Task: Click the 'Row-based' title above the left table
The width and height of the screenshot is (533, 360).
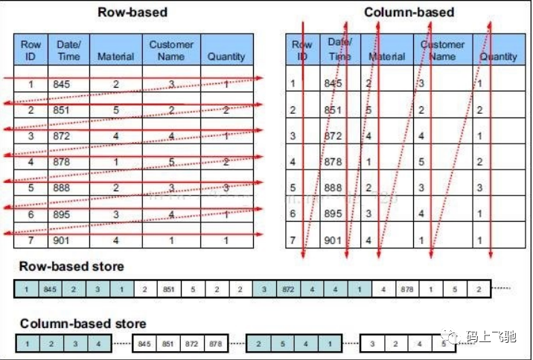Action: (133, 12)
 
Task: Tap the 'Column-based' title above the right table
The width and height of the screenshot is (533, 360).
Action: (409, 12)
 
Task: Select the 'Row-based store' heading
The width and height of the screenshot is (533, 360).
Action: (71, 266)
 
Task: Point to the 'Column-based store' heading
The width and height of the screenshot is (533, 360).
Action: (83, 324)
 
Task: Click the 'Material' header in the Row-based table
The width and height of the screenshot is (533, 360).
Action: (115, 56)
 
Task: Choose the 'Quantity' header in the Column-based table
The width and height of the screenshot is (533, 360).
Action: (498, 56)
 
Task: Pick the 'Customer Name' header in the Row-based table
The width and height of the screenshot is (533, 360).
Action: (171, 50)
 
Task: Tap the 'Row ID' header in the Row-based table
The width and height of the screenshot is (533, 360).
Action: (31, 50)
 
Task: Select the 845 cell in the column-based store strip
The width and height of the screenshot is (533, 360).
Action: (145, 344)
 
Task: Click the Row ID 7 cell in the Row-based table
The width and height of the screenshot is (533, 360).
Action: (31, 240)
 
